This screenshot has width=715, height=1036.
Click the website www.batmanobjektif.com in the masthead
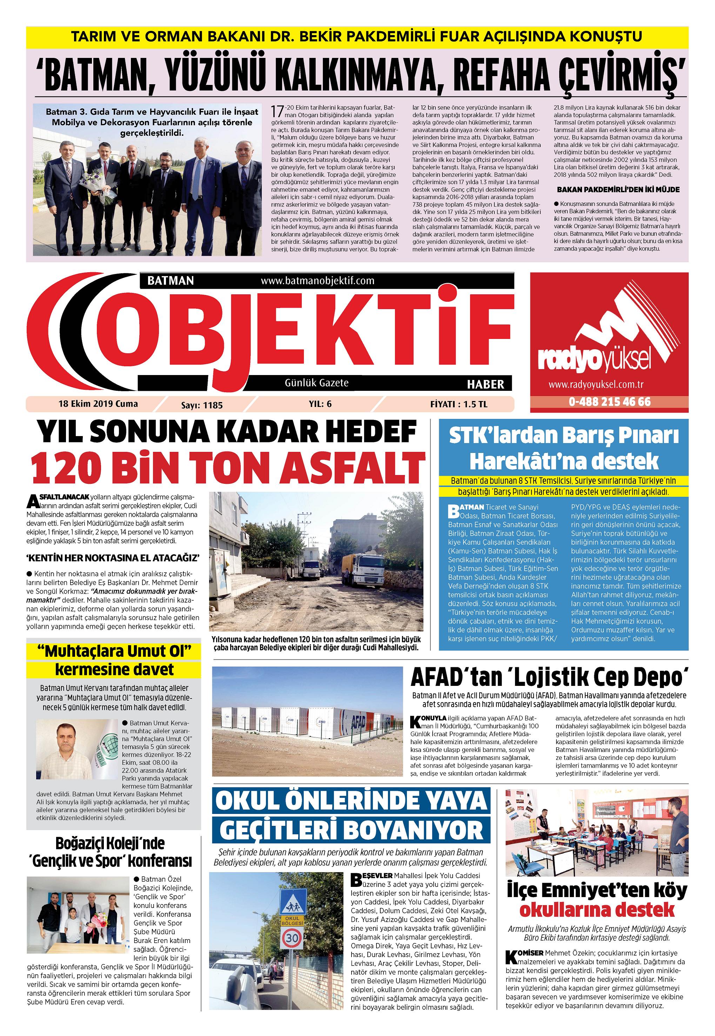pyautogui.click(x=317, y=281)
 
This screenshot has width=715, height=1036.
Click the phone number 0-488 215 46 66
pyautogui.click(x=609, y=401)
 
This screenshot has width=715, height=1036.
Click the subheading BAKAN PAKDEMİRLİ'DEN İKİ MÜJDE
pyautogui.click(x=618, y=189)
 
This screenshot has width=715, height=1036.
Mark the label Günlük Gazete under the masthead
pyautogui.click(x=316, y=383)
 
